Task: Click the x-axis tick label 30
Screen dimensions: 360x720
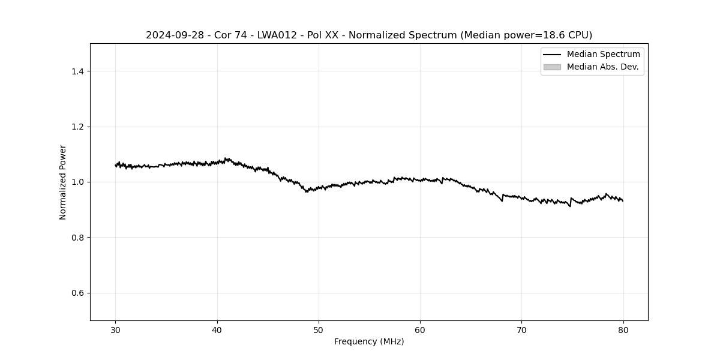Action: coord(116,329)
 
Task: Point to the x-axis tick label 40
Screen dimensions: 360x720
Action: coord(217,329)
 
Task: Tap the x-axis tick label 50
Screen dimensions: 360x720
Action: coord(319,329)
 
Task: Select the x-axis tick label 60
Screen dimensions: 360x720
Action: coord(420,329)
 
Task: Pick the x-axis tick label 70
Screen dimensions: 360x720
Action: coord(521,329)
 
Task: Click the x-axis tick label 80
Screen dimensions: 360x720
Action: coord(623,329)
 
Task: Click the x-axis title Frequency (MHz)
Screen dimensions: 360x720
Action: coord(369,341)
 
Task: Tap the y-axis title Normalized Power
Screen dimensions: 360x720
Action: coord(62,182)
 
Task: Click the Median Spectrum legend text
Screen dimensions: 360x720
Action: coord(603,55)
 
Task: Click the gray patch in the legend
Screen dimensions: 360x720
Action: coord(552,67)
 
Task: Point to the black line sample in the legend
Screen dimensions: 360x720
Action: coord(552,55)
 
